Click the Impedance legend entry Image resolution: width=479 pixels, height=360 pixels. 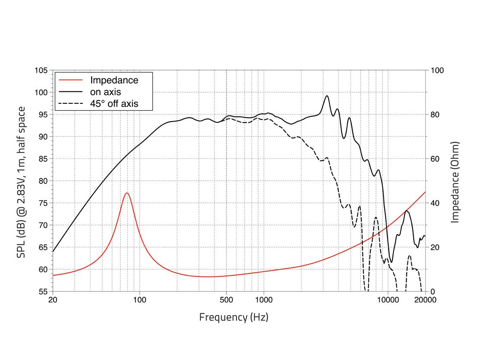tap(114, 80)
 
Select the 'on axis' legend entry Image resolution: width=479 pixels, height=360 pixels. tap(105, 92)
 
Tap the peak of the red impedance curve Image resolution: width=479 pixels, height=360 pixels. tap(127, 193)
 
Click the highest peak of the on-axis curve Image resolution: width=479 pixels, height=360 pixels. tap(327, 96)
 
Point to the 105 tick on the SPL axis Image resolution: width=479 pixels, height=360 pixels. tap(42, 70)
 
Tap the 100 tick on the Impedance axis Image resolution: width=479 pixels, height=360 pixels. tap(436, 70)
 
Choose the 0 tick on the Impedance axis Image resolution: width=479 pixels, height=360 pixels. tap(432, 292)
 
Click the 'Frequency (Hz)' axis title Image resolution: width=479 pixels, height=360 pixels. tap(233, 317)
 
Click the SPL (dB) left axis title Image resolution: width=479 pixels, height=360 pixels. tap(21, 182)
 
